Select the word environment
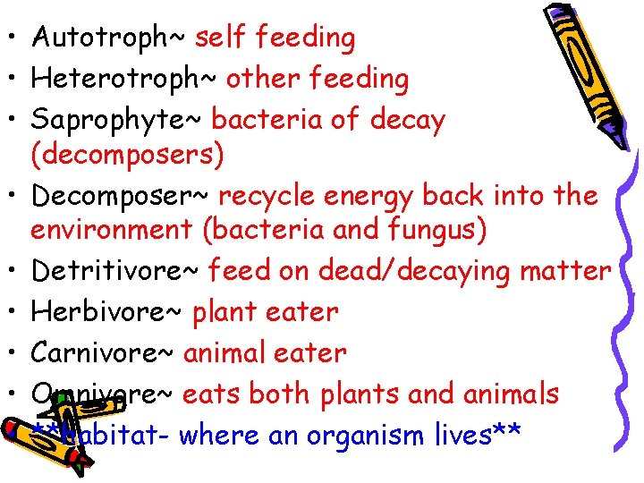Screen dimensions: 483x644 coord(112,230)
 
